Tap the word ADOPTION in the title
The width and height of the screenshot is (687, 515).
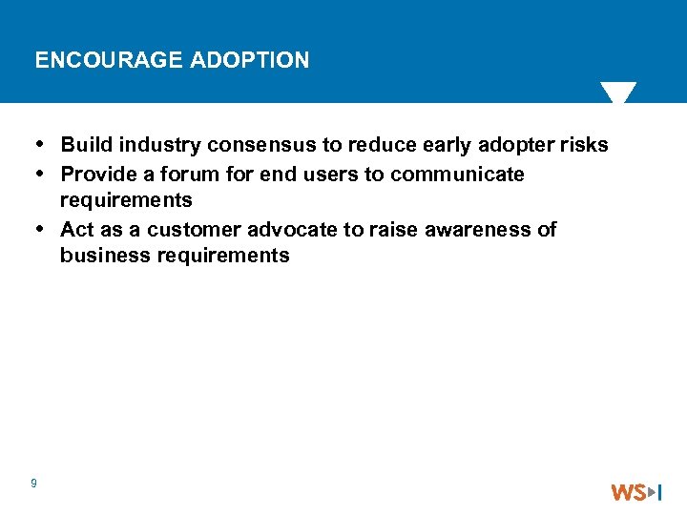point(250,61)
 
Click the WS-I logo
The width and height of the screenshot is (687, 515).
point(636,492)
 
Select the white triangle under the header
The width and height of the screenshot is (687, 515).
point(618,93)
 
